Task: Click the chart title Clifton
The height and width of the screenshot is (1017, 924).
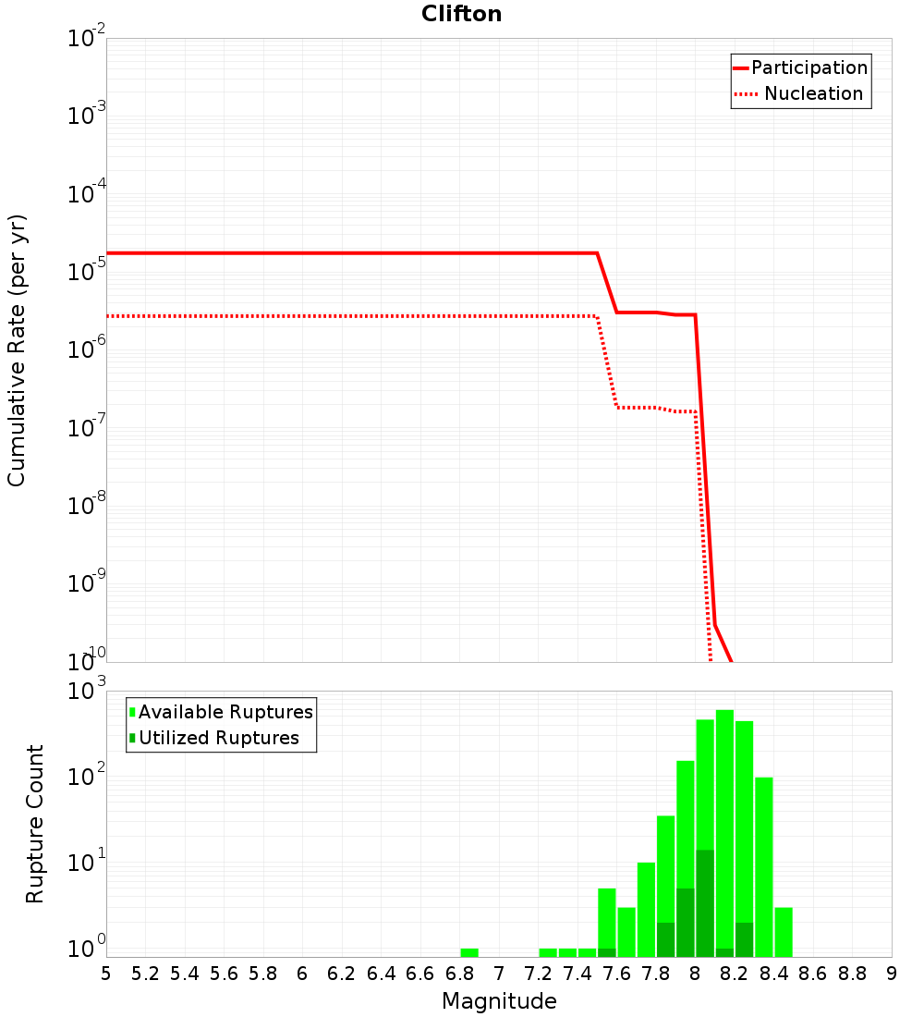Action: pyautogui.click(x=461, y=14)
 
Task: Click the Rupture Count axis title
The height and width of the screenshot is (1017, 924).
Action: pyautogui.click(x=35, y=824)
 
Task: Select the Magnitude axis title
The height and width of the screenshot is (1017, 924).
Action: pyautogui.click(x=499, y=1001)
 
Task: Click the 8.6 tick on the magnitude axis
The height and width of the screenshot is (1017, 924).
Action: pyautogui.click(x=814, y=974)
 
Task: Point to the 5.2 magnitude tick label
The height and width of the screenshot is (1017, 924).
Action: pyautogui.click(x=146, y=974)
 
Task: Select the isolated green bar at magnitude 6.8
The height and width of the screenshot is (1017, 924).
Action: pyautogui.click(x=469, y=952)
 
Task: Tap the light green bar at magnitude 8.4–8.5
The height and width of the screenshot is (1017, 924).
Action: pyautogui.click(x=784, y=932)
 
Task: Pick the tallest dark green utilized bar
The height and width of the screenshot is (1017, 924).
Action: pyautogui.click(x=705, y=902)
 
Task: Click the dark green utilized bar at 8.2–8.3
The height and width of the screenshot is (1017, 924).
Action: pyautogui.click(x=744, y=939)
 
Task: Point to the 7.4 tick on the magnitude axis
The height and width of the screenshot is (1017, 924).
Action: pyautogui.click(x=578, y=974)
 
